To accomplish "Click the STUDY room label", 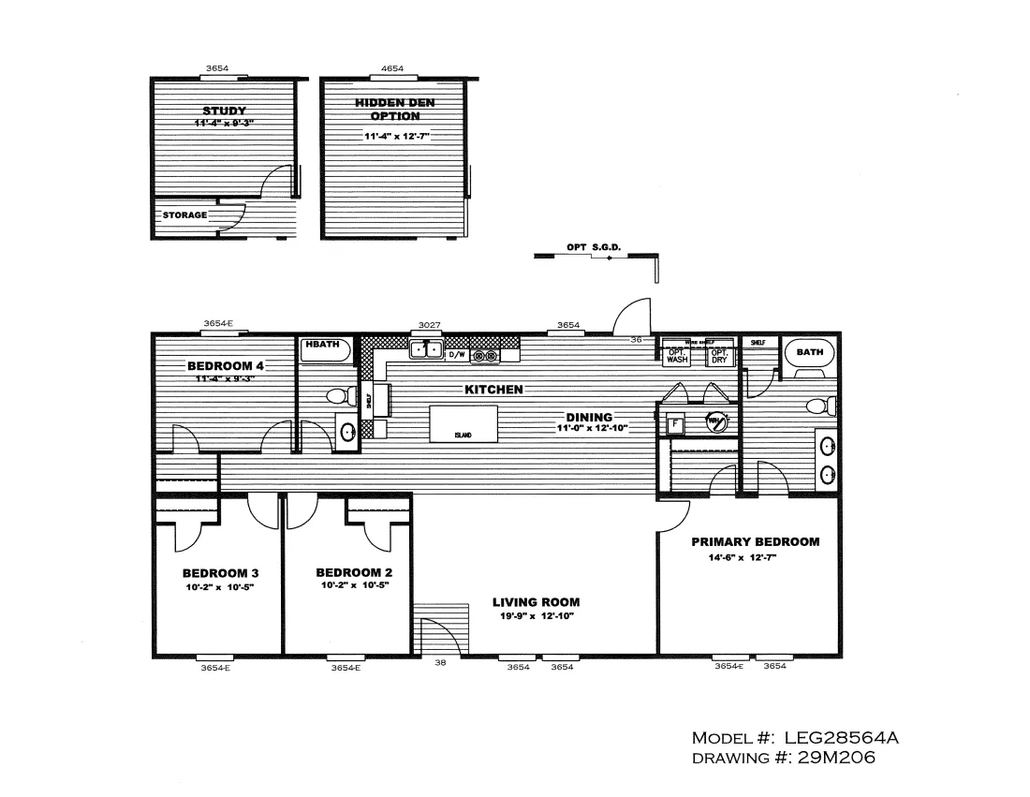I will pyautogui.click(x=225, y=111).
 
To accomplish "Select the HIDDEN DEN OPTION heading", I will pyautogui.click(x=394, y=110).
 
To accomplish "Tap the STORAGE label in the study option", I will pyautogui.click(x=184, y=215).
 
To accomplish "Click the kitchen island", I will pyautogui.click(x=463, y=422).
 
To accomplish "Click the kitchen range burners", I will pyautogui.click(x=484, y=356).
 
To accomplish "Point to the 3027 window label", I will pyautogui.click(x=429, y=325).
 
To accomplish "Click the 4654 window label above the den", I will pyautogui.click(x=392, y=68).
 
